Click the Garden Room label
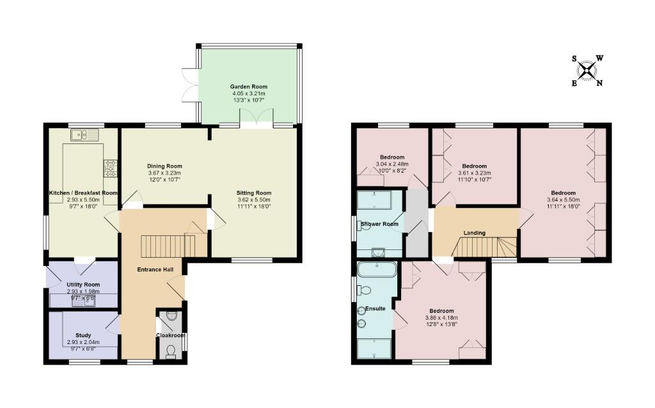[249, 86]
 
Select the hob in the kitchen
[109, 168]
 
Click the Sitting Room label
[254, 192]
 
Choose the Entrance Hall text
[155, 270]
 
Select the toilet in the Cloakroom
[170, 351]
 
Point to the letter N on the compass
[599, 82]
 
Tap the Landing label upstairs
[474, 233]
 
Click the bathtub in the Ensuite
[377, 270]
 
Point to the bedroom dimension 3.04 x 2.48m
[392, 164]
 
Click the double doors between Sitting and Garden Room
[256, 119]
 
